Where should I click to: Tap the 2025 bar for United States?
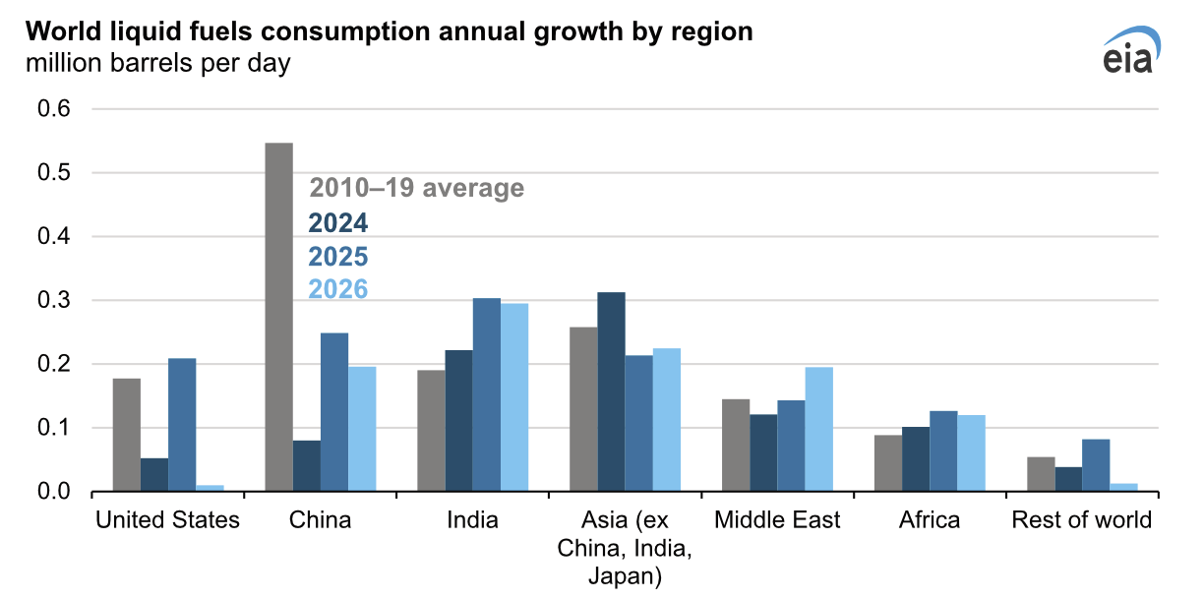pos(182,424)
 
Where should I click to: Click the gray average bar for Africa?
pos(887,462)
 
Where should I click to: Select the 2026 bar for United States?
pos(210,487)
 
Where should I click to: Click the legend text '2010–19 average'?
pos(417,188)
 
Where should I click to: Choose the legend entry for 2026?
pos(337,289)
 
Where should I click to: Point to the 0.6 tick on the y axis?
pos(54,109)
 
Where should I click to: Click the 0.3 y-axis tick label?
pos(54,300)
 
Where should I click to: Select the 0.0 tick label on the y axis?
pos(54,491)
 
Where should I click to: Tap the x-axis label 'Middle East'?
pos(777,519)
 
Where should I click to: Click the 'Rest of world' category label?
pos(1081,519)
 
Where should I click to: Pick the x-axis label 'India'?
pos(472,519)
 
